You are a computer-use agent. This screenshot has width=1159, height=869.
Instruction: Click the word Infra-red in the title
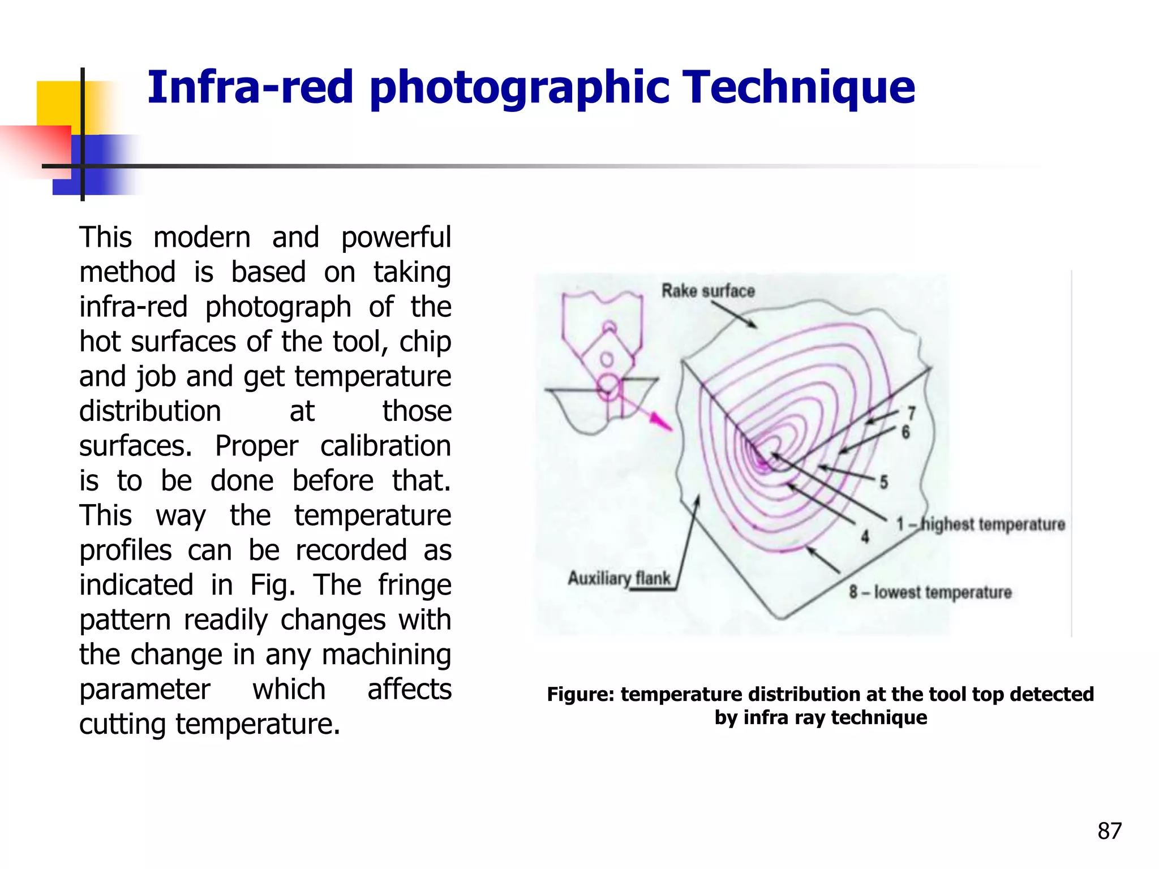(x=250, y=88)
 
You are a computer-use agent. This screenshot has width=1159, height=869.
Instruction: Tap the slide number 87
(x=1109, y=831)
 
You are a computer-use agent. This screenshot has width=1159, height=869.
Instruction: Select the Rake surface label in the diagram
(x=708, y=291)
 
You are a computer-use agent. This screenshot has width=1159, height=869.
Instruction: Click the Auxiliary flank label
(x=619, y=578)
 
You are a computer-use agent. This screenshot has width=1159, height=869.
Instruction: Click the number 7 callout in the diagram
(x=911, y=414)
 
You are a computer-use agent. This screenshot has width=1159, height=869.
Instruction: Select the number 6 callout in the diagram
(x=905, y=432)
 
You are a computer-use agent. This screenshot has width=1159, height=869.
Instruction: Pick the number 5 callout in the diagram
(x=883, y=483)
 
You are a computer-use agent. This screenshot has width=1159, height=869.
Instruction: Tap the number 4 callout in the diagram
(x=865, y=536)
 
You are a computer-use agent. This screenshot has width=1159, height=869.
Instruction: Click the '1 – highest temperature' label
(x=980, y=524)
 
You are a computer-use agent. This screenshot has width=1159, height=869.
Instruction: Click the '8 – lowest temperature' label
(x=930, y=592)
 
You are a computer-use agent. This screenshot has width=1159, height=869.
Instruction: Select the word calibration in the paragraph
(x=385, y=446)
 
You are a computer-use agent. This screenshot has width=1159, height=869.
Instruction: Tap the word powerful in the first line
(x=396, y=238)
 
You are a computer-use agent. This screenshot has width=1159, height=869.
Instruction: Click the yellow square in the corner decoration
(x=57, y=102)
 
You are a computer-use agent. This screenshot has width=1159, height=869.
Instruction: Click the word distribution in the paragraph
(x=150, y=411)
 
